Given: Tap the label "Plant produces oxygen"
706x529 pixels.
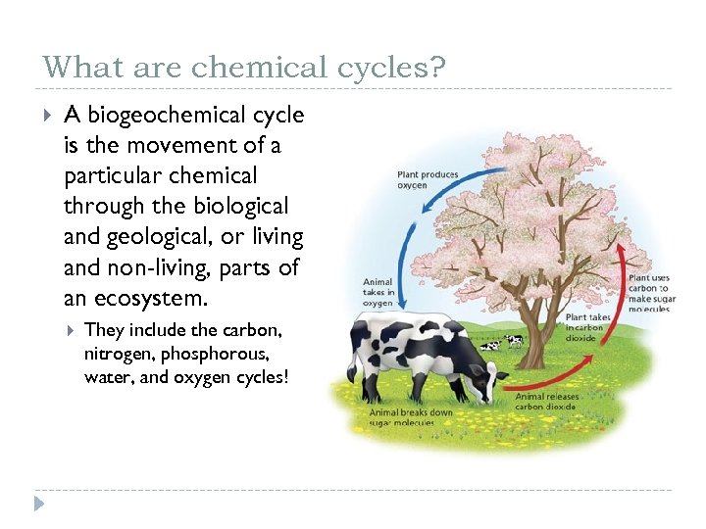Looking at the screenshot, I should click(x=428, y=180).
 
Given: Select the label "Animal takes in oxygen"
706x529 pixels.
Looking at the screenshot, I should click(x=378, y=291).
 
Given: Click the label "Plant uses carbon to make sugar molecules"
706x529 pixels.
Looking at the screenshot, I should click(x=649, y=293).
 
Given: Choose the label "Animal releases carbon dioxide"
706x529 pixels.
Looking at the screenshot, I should click(x=547, y=401).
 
